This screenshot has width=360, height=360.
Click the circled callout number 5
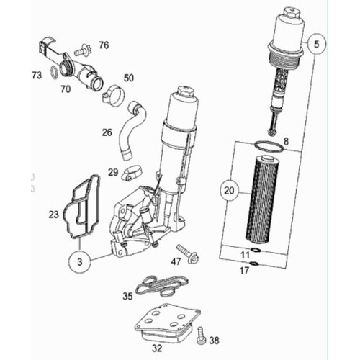[x=316, y=44]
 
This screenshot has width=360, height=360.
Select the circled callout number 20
[x=229, y=191]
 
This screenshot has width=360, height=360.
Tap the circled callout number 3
[x=80, y=262]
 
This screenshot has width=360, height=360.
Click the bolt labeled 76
[x=81, y=50]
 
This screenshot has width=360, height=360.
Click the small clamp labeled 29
[x=132, y=174]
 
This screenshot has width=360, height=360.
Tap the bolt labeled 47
[x=188, y=254]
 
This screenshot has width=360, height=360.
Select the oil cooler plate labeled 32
[x=167, y=323]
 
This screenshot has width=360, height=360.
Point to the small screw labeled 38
[x=202, y=336]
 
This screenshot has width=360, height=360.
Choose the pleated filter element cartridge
[x=263, y=199]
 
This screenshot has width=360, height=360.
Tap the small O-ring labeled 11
[x=256, y=251]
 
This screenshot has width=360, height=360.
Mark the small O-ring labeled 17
[x=255, y=264]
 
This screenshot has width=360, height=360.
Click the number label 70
[x=66, y=89]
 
